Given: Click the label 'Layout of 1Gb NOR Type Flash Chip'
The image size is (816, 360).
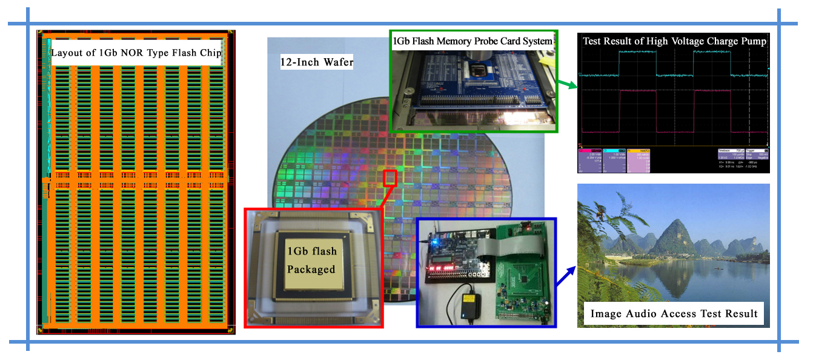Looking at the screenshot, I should click(x=136, y=53).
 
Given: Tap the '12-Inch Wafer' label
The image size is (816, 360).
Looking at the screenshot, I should click(x=316, y=62).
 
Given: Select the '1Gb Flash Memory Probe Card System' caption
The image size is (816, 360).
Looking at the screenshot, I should click(x=473, y=41).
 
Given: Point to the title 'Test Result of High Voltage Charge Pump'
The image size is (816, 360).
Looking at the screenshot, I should click(x=674, y=41).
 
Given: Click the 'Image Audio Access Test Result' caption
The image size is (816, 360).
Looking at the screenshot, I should click(x=674, y=313).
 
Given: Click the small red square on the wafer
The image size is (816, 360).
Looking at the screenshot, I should click(x=391, y=178).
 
